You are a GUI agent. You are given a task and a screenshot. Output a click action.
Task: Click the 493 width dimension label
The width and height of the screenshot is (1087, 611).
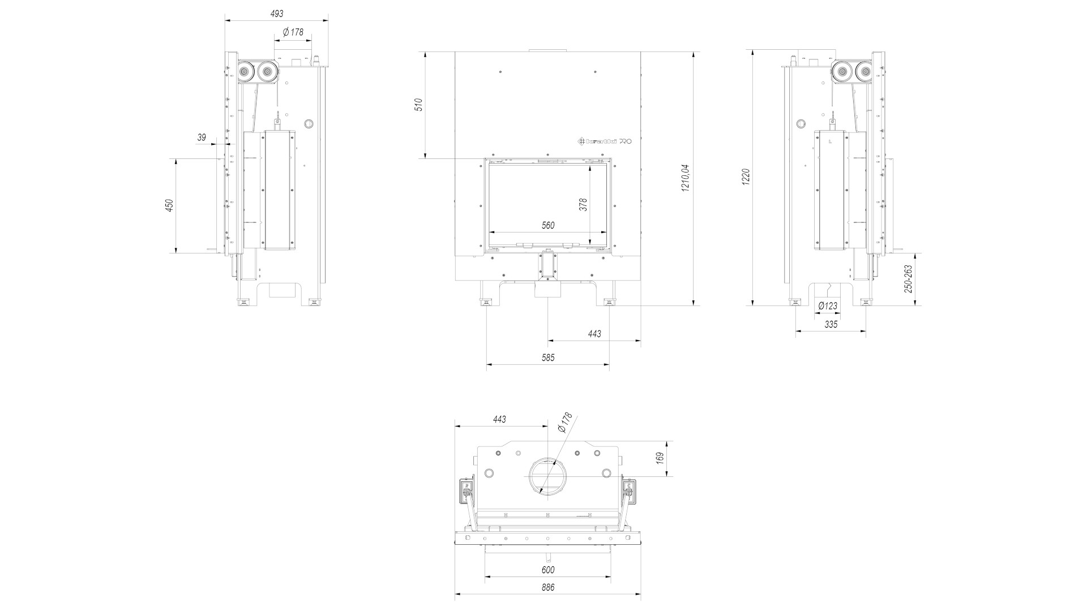tap(277, 14)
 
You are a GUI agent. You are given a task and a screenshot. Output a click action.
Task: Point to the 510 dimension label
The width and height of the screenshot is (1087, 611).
tap(419, 105)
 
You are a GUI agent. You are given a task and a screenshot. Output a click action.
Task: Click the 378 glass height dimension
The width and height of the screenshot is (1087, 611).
tap(584, 204)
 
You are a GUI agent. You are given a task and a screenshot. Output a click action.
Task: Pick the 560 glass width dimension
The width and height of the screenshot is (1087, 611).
tap(548, 225)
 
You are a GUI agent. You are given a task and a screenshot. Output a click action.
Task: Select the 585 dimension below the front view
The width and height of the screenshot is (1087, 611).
tap(548, 358)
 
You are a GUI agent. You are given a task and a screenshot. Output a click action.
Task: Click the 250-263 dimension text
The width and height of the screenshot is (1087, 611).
tap(908, 279)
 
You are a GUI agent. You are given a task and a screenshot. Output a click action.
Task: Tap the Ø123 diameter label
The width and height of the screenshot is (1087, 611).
tap(828, 306)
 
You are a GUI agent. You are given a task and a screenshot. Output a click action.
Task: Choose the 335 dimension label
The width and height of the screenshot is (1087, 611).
tap(831, 325)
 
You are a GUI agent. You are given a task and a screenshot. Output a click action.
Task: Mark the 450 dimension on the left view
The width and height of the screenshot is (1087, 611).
tap(169, 206)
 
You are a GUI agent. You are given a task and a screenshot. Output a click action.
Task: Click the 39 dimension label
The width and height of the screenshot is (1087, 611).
tap(202, 137)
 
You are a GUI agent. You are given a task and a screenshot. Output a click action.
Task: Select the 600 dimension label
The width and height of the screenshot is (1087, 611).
tap(548, 570)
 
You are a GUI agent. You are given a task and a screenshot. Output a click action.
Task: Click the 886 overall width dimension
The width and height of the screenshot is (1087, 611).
tap(548, 587)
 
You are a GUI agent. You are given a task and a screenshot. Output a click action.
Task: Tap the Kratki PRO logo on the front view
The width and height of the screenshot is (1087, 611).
tap(604, 141)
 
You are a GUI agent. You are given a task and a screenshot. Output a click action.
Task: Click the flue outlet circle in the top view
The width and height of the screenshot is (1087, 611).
tap(548, 459)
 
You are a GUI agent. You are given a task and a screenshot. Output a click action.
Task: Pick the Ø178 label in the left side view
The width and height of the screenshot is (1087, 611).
tap(292, 32)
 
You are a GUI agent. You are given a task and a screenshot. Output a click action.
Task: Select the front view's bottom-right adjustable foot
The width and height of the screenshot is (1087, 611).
tap(609, 302)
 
